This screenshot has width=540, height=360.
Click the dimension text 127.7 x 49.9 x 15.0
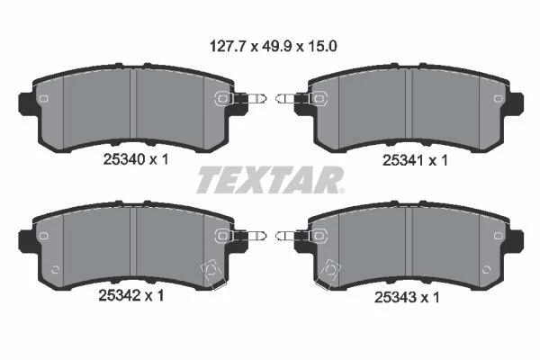(273, 46)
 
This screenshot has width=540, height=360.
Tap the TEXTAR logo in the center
(270, 180)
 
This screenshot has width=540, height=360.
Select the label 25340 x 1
(136, 159)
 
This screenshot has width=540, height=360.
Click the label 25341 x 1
(415, 160)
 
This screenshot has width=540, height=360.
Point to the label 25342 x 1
(131, 295)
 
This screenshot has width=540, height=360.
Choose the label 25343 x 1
(407, 297)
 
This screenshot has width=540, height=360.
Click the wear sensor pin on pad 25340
(250, 98)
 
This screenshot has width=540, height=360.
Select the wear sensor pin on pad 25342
(250, 236)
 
